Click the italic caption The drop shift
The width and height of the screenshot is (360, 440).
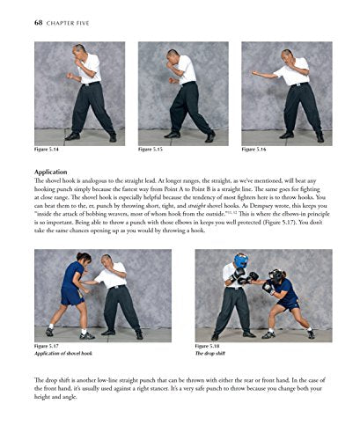214,354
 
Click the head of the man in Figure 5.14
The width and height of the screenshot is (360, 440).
81,52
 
